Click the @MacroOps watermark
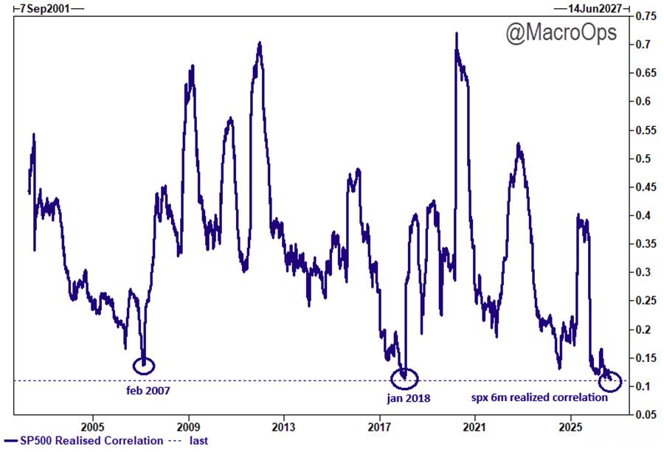[x=561, y=32]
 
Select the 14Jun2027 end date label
[x=595, y=8]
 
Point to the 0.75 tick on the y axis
[x=646, y=16]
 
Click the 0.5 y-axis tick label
[x=643, y=159]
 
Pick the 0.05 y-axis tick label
[x=646, y=415]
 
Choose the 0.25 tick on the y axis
[x=646, y=301]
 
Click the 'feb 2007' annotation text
[x=148, y=391]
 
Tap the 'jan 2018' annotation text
[x=408, y=398]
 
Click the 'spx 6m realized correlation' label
[x=539, y=397]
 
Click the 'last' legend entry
[x=189, y=441]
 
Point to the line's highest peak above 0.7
[x=456, y=33]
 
